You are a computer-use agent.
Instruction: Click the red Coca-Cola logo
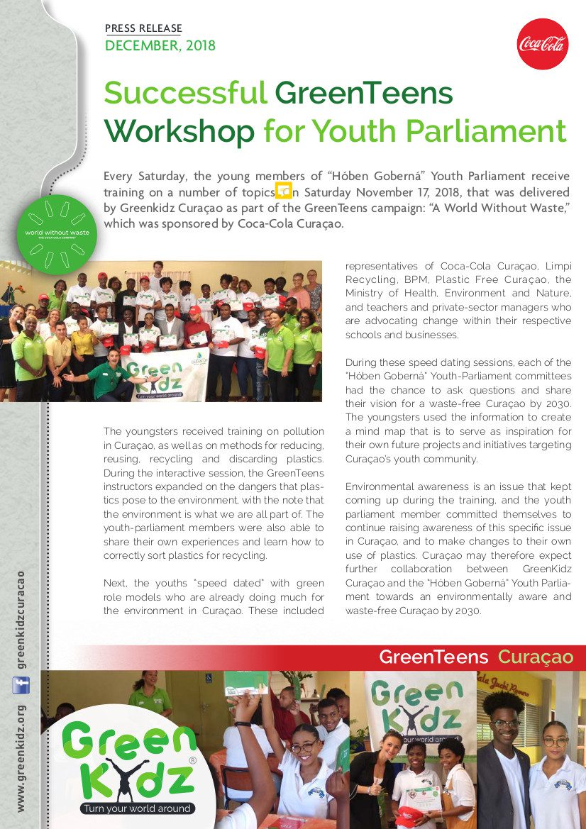pyautogui.click(x=542, y=44)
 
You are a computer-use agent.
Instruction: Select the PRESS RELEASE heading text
pyautogui.click(x=143, y=28)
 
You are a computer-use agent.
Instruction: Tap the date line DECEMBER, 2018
pyautogui.click(x=160, y=46)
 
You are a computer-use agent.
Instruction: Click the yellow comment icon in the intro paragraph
pyautogui.click(x=283, y=190)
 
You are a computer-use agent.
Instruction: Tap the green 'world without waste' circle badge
pyautogui.click(x=57, y=234)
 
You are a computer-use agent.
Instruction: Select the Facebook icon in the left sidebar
pyautogui.click(x=21, y=685)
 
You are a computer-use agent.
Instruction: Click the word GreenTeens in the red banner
pyautogui.click(x=433, y=657)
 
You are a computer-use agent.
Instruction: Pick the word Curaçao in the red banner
pyautogui.click(x=535, y=657)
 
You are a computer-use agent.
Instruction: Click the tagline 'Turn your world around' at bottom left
pyautogui.click(x=137, y=808)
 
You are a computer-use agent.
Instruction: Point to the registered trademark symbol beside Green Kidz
pyautogui.click(x=192, y=760)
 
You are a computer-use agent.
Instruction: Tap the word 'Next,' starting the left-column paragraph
pyautogui.click(x=116, y=583)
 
